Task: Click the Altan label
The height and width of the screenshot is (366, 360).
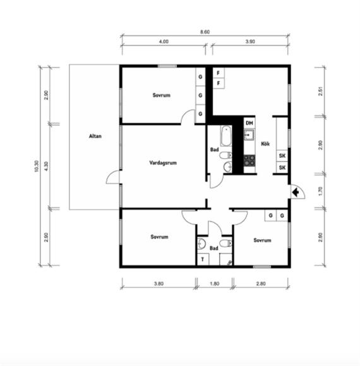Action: click(x=95, y=136)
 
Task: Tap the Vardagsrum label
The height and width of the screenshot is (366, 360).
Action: click(x=163, y=163)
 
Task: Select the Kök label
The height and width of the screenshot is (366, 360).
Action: click(x=265, y=144)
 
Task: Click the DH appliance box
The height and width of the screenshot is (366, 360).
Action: click(x=249, y=123)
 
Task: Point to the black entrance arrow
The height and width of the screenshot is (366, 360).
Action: click(x=296, y=192)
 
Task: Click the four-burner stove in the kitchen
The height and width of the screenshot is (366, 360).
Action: click(x=249, y=160)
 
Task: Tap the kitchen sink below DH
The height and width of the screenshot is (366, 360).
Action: click(x=249, y=134)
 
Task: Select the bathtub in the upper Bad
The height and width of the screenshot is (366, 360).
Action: click(x=226, y=136)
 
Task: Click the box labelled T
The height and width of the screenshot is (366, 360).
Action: click(x=203, y=259)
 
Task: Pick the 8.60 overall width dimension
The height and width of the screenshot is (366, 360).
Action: click(x=205, y=32)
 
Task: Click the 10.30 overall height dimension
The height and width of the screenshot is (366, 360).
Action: click(x=36, y=166)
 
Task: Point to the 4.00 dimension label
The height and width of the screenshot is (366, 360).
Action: click(x=164, y=42)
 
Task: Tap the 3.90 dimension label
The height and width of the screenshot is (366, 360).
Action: click(x=250, y=42)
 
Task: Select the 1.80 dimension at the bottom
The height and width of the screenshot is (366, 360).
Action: click(x=214, y=283)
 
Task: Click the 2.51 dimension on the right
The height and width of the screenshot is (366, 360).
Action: click(x=320, y=91)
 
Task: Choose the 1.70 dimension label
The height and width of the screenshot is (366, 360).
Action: click(x=320, y=191)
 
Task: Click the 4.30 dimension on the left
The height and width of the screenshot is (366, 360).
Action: click(x=46, y=166)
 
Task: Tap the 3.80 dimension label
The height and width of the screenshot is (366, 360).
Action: click(x=159, y=283)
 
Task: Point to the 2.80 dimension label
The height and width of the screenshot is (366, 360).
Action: click(x=261, y=283)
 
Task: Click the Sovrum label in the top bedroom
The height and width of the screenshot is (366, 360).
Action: click(x=162, y=95)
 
